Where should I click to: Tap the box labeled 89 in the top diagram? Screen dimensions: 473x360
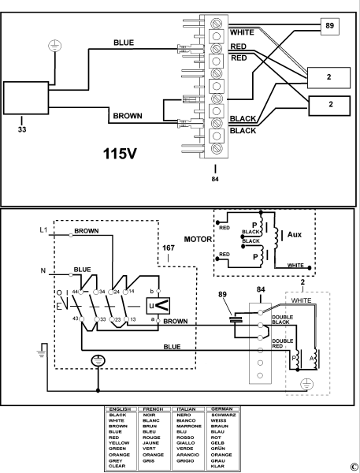pos(330,26)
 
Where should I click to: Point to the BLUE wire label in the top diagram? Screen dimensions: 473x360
pos(124,43)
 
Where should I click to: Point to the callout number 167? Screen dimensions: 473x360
pos(167,249)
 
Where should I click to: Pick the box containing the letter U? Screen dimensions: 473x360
pos(158,305)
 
